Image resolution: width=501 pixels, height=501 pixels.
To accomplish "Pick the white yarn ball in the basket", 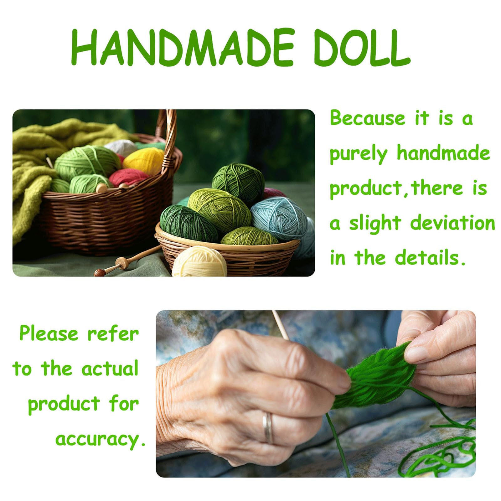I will click(121, 147).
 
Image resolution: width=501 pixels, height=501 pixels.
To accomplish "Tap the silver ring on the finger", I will click(268, 427).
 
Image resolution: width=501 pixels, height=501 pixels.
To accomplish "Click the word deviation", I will click(452, 224).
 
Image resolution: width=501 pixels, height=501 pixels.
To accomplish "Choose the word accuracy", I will click(100, 439).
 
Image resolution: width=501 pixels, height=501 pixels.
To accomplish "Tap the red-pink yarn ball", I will click(128, 177).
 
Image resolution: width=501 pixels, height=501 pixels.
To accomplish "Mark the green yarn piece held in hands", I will click(376, 379).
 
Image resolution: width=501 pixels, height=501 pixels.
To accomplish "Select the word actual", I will click(110, 369).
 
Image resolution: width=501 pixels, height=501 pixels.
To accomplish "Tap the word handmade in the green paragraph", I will click(443, 153).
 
